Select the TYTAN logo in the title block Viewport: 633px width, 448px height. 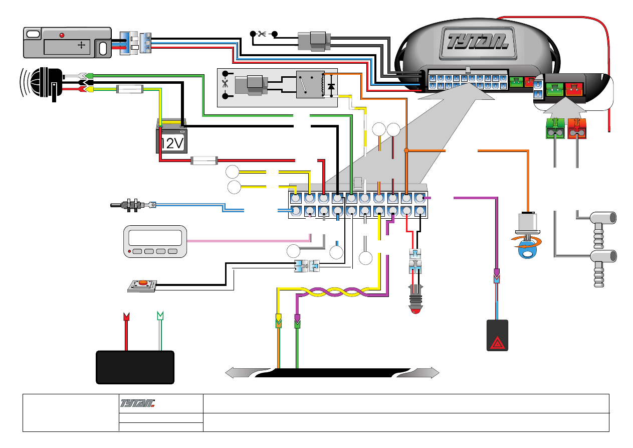[x=138, y=402]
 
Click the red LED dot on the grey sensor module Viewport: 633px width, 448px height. [x=62, y=36]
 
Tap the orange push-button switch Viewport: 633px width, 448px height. [x=143, y=283]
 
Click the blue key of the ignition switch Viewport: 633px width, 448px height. [x=524, y=251]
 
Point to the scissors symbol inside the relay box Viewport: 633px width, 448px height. [x=225, y=84]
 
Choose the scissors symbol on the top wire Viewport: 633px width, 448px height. [x=262, y=34]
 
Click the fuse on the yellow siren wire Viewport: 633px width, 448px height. [x=130, y=90]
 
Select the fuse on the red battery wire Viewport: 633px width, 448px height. [x=203, y=161]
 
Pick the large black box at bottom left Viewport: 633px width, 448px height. [x=135, y=367]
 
